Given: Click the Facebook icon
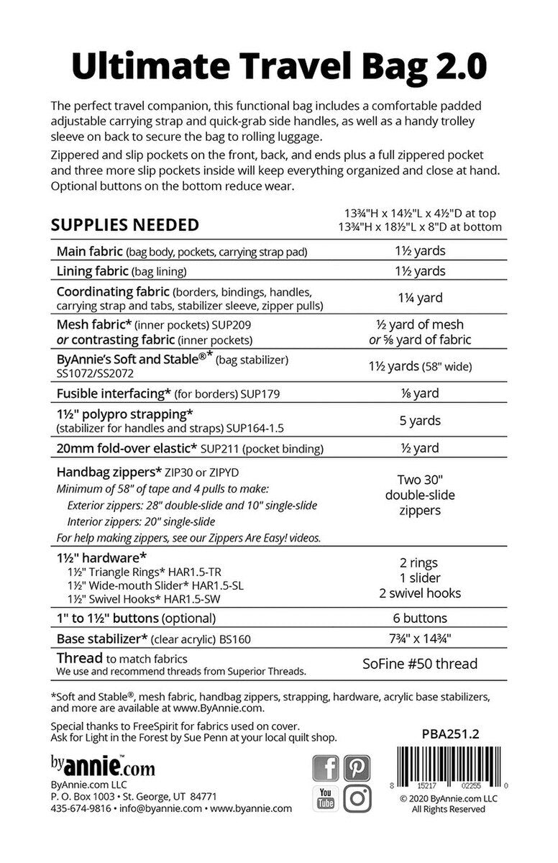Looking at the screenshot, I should pyautogui.click(x=326, y=768).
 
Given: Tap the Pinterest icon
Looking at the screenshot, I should pyautogui.click(x=357, y=768).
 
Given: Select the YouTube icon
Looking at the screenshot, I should pyautogui.click(x=326, y=798).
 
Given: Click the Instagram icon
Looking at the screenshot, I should pyautogui.click(x=357, y=798).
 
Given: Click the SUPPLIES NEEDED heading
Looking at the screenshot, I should pyautogui.click(x=124, y=224).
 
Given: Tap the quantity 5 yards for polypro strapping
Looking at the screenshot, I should pyautogui.click(x=420, y=421).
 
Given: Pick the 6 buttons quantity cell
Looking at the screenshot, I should pyautogui.click(x=420, y=618).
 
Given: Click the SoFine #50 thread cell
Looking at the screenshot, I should pyautogui.click(x=420, y=664).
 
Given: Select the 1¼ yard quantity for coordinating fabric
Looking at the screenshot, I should pyautogui.click(x=420, y=297).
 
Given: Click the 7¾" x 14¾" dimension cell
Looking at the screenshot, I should pyautogui.click(x=420, y=638).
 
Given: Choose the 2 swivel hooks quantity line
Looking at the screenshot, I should pyautogui.click(x=420, y=593).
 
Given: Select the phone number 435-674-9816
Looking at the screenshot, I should pyautogui.click(x=81, y=808).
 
